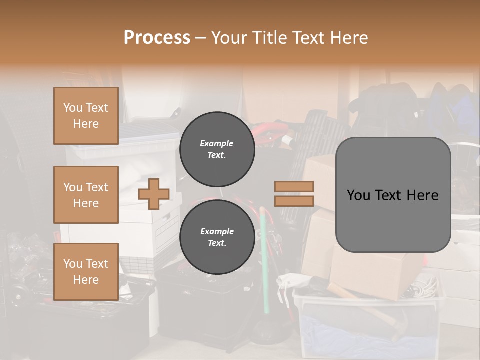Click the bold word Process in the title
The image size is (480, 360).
tap(157, 38)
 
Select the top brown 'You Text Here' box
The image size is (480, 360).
tap(86, 116)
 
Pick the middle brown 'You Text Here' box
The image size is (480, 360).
tap(86, 195)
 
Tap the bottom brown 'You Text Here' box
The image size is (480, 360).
tap(86, 272)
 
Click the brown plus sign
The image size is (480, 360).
tap(154, 194)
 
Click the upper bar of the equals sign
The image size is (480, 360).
tap(294, 186)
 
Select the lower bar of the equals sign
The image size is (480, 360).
tap(294, 201)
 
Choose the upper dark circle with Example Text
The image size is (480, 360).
tap(217, 149)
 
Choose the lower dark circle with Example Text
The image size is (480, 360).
tap(217, 237)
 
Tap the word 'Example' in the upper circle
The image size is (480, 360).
tap(217, 143)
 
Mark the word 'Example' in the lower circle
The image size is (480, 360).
tap(217, 231)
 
